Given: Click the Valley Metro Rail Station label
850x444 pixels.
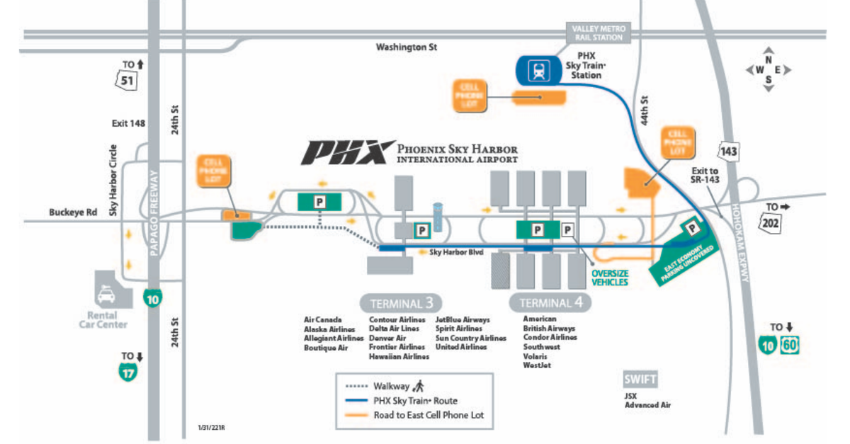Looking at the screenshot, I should [x=598, y=33].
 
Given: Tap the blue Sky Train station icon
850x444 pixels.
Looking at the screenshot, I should [x=539, y=69].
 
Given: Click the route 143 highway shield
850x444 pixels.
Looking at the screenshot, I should [x=730, y=151].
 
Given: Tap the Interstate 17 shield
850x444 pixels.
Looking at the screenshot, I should [x=127, y=372].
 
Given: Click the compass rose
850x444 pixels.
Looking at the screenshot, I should [x=768, y=69].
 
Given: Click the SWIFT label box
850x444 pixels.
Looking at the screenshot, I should [x=640, y=379].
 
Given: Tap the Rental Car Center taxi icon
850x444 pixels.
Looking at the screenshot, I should [x=108, y=292].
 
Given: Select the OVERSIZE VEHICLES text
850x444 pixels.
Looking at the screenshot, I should [x=610, y=276].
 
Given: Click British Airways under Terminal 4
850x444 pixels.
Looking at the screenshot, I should [x=549, y=329].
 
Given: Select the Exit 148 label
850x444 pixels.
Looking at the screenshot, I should [x=128, y=123].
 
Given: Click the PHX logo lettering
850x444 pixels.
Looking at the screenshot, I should [x=347, y=152].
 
